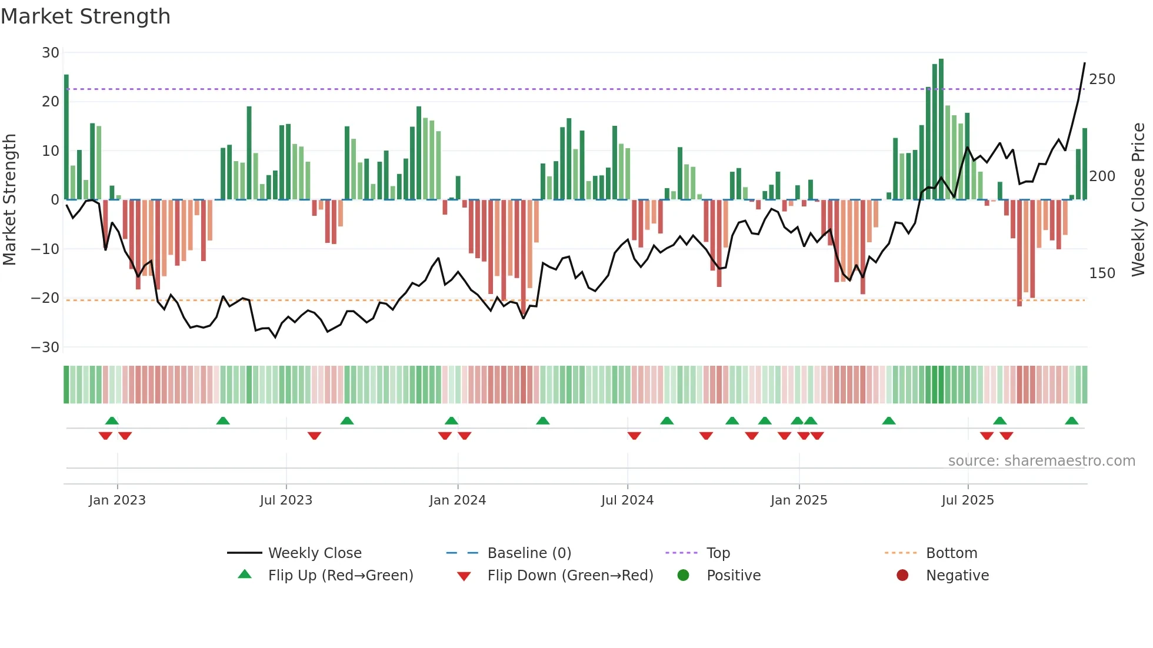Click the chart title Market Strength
(85, 16)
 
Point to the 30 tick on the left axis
(51, 53)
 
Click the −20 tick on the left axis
(45, 298)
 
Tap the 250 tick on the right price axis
(1102, 79)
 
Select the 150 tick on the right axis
(1102, 273)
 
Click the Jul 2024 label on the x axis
(627, 500)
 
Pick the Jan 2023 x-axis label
(117, 500)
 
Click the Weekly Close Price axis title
(1138, 200)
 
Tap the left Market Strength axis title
(10, 200)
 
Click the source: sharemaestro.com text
(1041, 461)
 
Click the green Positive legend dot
(683, 576)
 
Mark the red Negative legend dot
(902, 576)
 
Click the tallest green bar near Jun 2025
(941, 129)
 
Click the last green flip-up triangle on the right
(1071, 421)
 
